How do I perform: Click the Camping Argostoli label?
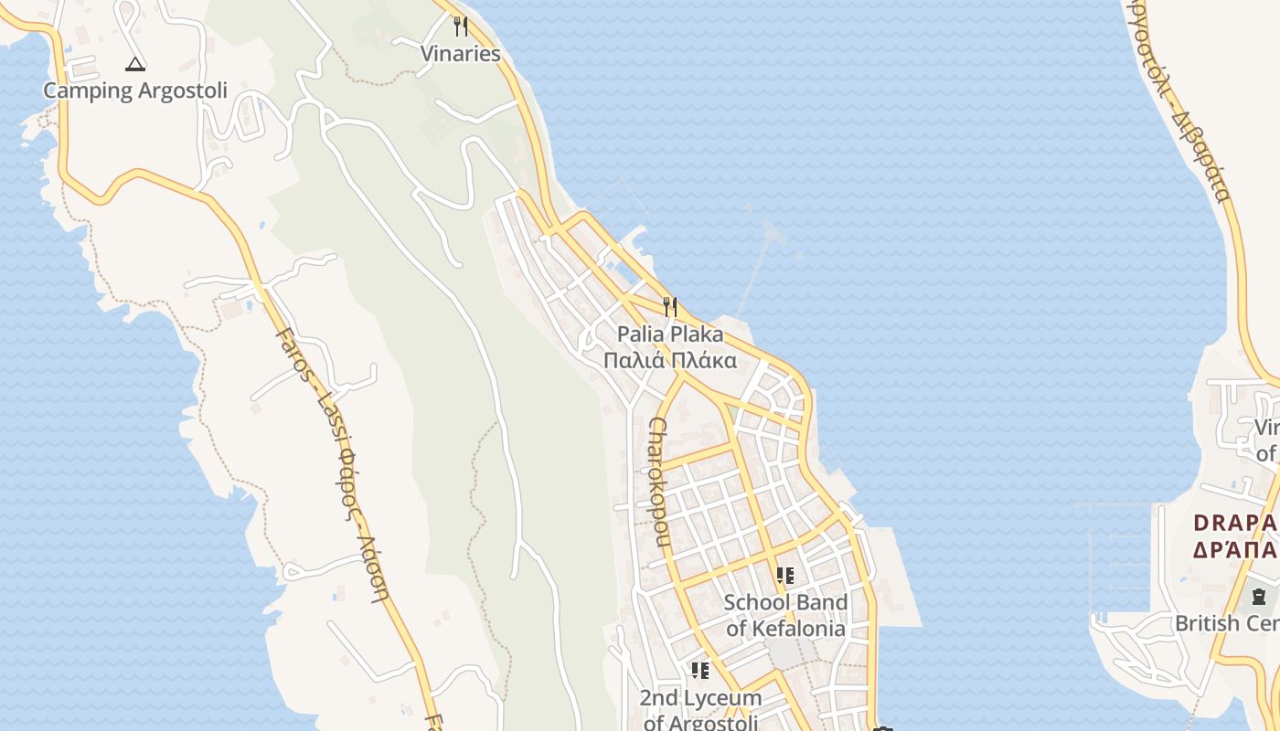click(x=135, y=90)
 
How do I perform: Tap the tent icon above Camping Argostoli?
click(x=135, y=64)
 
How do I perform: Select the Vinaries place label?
click(x=461, y=54)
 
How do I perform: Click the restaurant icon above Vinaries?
click(x=461, y=26)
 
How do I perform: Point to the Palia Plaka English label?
click(x=670, y=334)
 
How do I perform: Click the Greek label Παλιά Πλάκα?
click(x=670, y=360)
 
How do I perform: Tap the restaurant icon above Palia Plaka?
click(x=670, y=306)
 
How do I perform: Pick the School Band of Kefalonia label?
click(x=785, y=615)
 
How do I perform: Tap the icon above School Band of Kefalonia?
click(x=785, y=576)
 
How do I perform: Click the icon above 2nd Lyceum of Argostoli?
click(x=700, y=672)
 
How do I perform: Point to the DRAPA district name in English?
click(x=1235, y=524)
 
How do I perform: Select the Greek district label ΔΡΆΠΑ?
click(x=1235, y=549)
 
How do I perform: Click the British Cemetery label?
click(x=1227, y=623)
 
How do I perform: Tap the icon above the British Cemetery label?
click(x=1260, y=597)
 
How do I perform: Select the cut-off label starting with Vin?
click(x=1266, y=440)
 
